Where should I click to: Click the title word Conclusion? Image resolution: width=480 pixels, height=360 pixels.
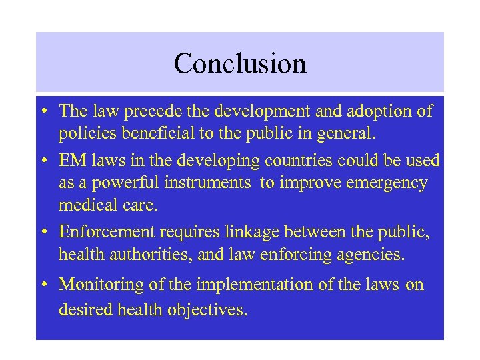[240, 63]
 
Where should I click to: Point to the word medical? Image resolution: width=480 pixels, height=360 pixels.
[86, 205]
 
